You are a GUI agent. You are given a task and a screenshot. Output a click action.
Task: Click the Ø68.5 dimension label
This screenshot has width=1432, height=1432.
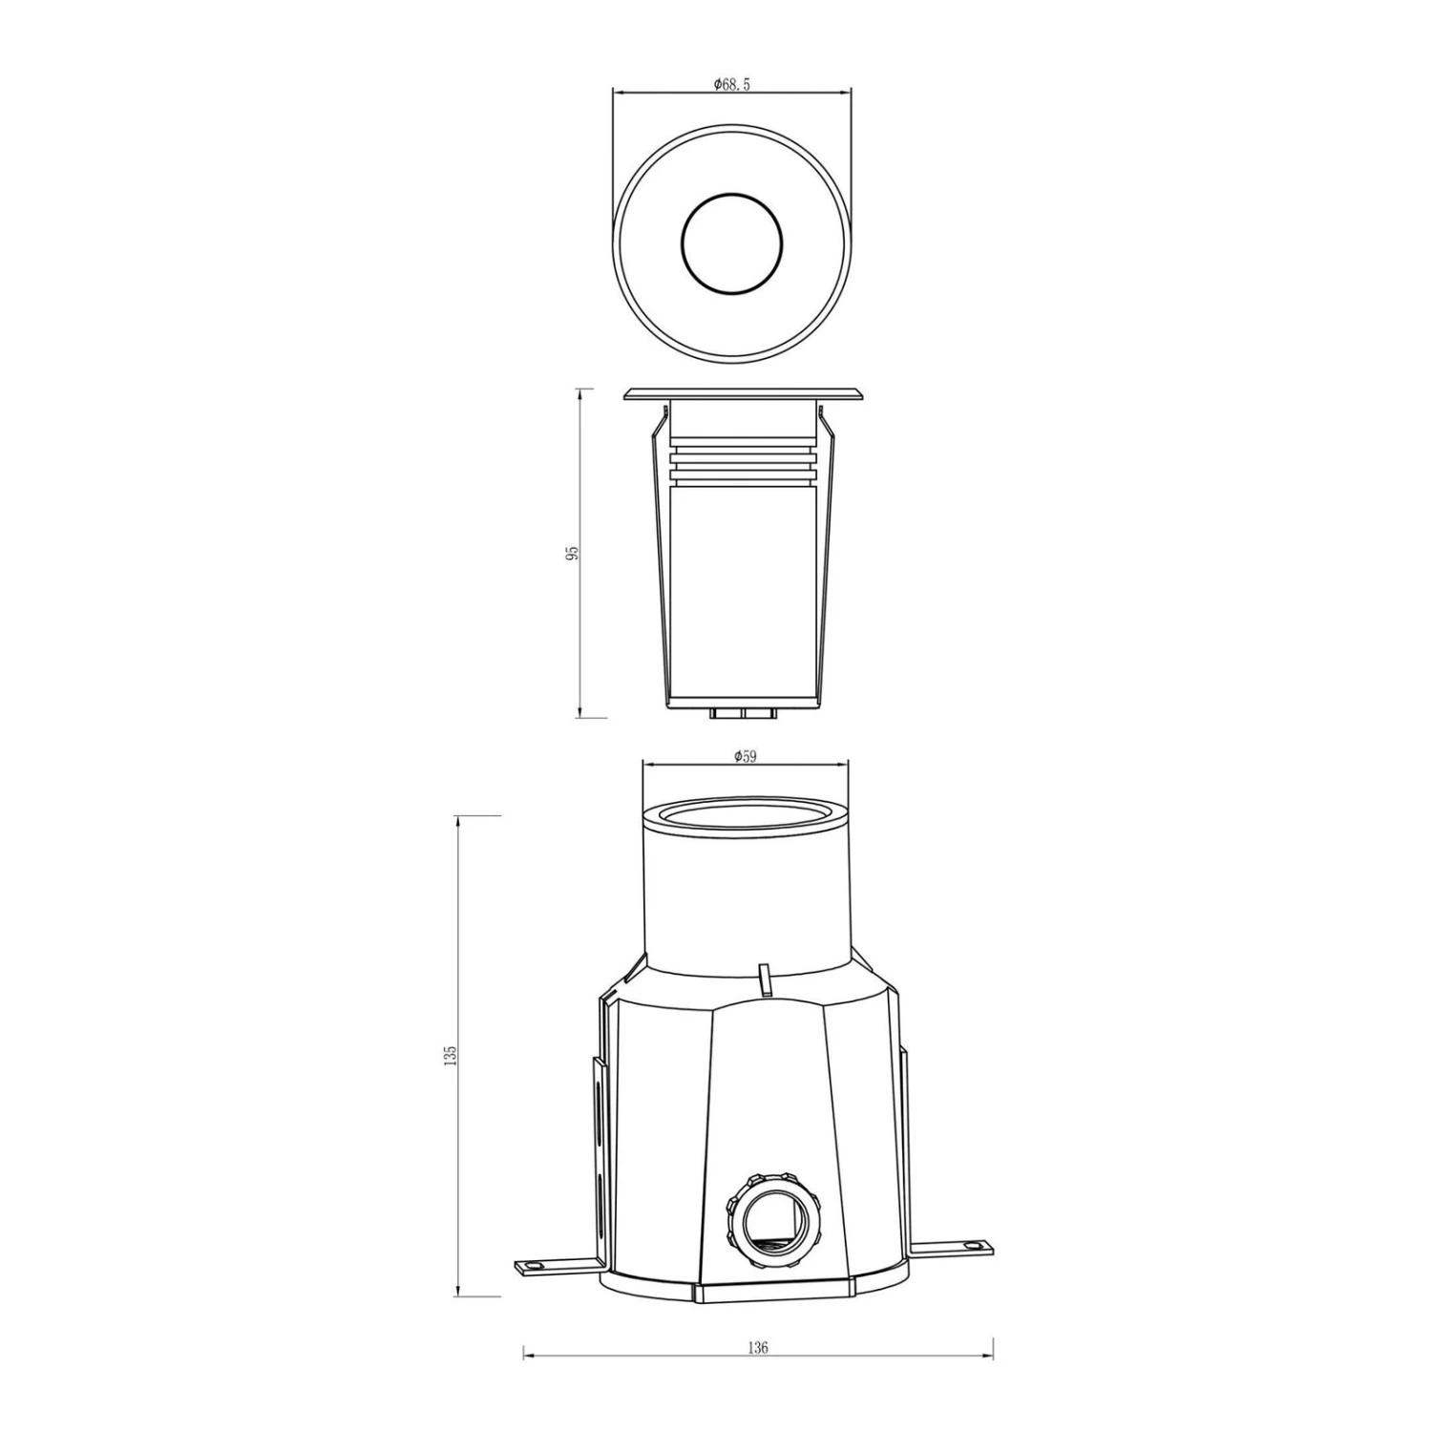click(732, 84)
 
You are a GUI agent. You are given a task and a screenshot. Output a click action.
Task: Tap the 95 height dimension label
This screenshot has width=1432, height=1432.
click(572, 553)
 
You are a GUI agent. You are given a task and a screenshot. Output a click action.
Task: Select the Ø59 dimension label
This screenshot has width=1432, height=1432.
click(746, 756)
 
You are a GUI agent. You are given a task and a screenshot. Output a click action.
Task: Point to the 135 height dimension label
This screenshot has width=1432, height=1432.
click(451, 1056)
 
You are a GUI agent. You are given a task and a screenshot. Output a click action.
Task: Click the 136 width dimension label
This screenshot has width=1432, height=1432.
click(758, 1349)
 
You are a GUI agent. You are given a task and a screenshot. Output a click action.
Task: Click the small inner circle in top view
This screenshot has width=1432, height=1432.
click(731, 242)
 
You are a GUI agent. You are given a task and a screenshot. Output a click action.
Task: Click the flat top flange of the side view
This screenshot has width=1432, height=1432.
click(744, 394)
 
